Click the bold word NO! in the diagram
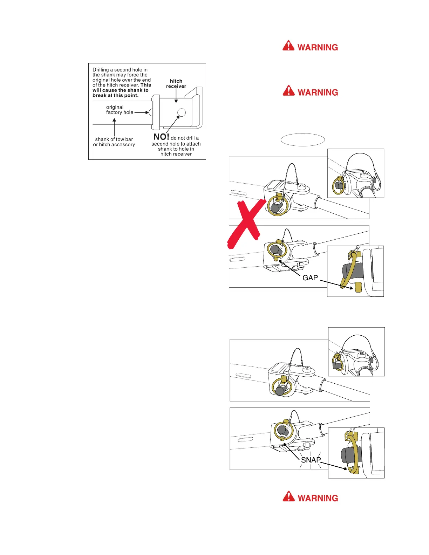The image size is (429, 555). tap(161, 137)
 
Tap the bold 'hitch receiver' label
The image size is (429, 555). tap(176, 84)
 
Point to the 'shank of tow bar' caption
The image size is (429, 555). tap(114, 139)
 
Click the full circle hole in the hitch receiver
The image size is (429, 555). tap(181, 112)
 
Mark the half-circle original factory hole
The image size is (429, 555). tap(151, 112)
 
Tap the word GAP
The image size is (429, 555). tap(310, 278)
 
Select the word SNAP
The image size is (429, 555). tap(311, 460)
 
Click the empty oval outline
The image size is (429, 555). tap(303, 139)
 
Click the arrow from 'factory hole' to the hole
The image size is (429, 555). tap(142, 112)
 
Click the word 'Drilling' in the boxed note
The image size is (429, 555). tap(102, 70)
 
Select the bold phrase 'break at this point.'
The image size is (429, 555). tap(115, 95)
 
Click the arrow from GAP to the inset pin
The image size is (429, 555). tap(336, 284)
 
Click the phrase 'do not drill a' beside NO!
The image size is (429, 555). tap(185, 138)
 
